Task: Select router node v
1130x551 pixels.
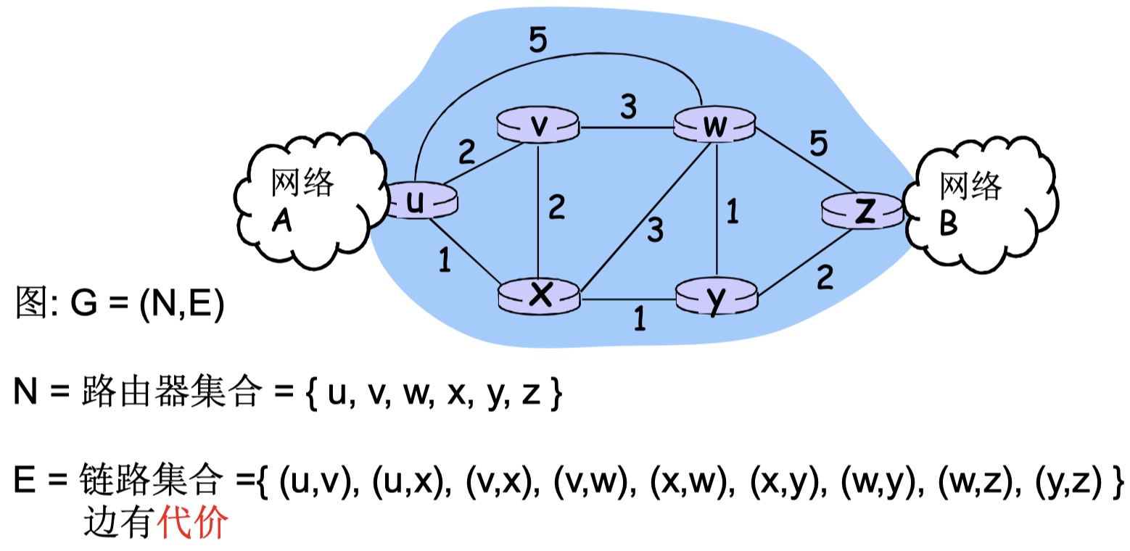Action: pos(537,126)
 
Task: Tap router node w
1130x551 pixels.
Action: pos(715,126)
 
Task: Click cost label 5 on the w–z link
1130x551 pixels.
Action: pos(817,145)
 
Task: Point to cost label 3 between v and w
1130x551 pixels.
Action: pos(628,107)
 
